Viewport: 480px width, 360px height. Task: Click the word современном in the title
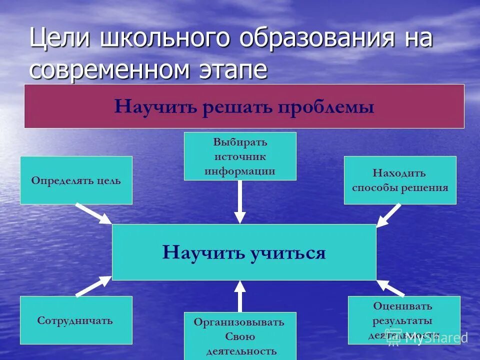(110, 70)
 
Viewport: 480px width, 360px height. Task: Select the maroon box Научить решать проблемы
(244, 106)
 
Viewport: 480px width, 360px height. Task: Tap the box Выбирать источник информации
(240, 156)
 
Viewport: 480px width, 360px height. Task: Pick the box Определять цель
(76, 180)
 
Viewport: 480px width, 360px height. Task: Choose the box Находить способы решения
(400, 180)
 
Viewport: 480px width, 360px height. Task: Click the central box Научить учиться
(244, 252)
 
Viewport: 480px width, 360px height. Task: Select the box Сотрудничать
(76, 320)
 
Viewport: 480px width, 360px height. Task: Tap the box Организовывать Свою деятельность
(240, 335)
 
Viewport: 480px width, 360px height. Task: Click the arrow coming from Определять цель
(94, 213)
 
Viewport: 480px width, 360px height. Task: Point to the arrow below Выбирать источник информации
(240, 201)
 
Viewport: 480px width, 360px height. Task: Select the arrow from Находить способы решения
(388, 215)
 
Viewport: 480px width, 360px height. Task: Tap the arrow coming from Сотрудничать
(94, 286)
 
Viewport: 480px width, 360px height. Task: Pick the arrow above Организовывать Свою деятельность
(240, 296)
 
